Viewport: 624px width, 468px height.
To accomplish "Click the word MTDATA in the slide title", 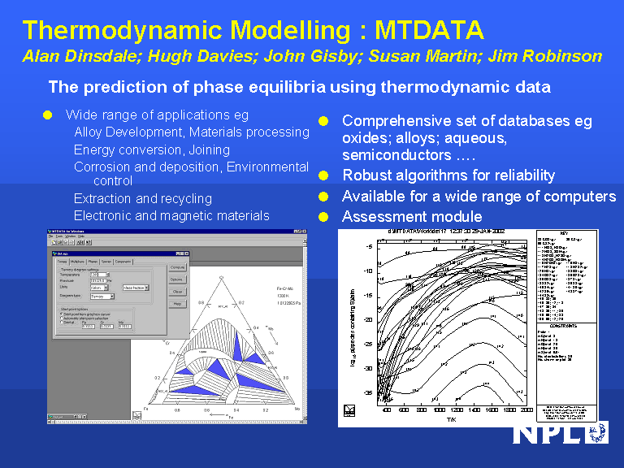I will pos(429,31).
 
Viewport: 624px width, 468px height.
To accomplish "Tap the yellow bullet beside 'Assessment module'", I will pos(323,217).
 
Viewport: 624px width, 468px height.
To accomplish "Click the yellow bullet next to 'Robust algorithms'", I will pos(323,175).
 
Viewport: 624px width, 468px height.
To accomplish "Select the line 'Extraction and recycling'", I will pos(142,198).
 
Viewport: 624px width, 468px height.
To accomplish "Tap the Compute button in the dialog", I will pos(177,266).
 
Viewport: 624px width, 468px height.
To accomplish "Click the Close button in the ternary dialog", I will pos(177,291).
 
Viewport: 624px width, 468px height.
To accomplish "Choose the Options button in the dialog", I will pos(177,279).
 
